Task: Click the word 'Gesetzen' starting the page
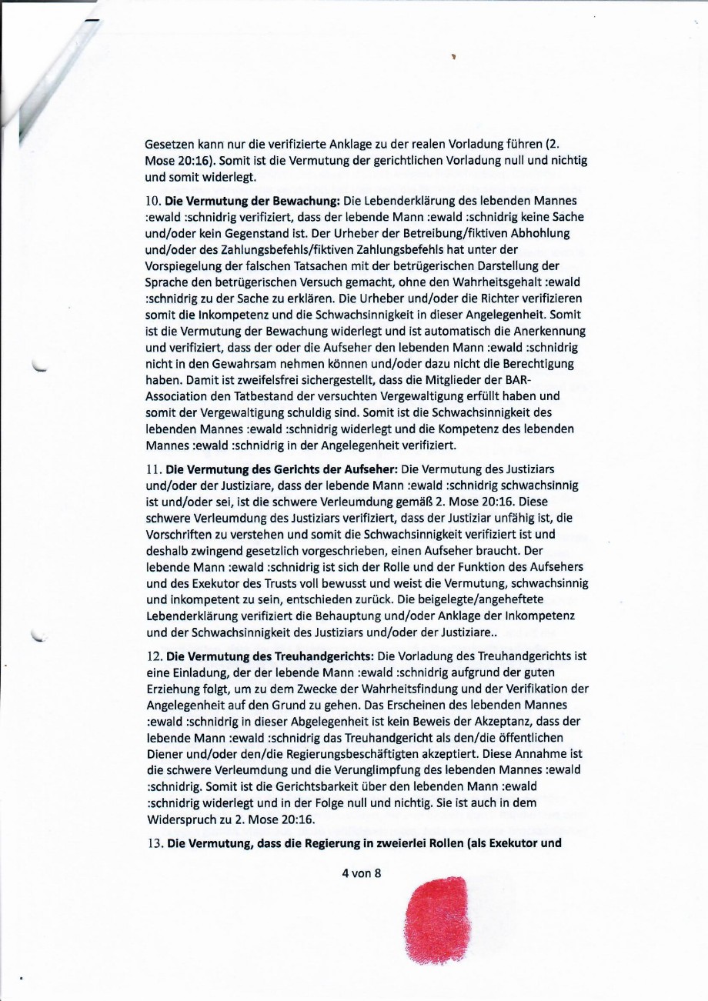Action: (167, 142)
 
